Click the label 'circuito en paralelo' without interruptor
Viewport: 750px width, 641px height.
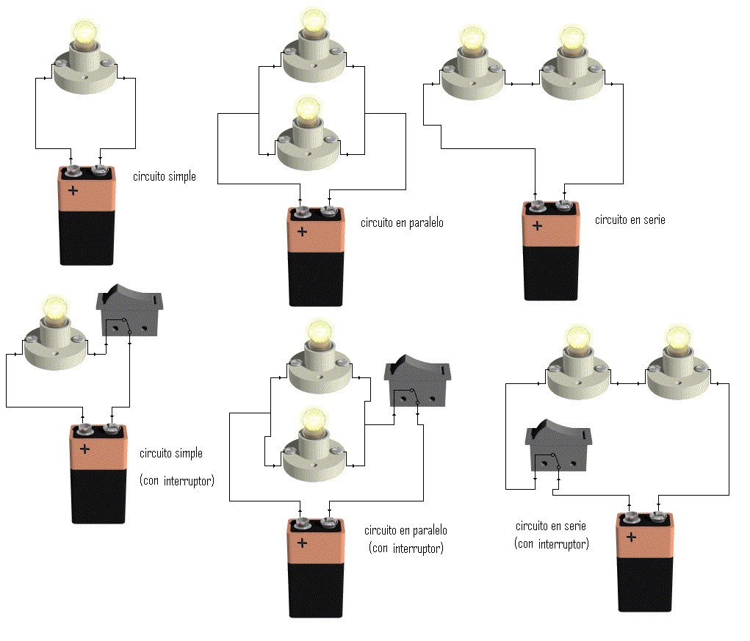[x=402, y=222]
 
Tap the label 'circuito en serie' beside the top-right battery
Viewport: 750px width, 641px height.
[x=630, y=220]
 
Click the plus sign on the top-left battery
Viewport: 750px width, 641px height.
[x=73, y=191]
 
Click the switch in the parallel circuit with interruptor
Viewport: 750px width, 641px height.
[x=417, y=381]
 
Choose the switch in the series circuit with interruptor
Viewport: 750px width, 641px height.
[x=558, y=445]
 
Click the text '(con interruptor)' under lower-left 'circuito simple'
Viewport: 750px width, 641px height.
[x=177, y=480]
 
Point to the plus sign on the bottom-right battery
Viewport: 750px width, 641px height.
[x=632, y=537]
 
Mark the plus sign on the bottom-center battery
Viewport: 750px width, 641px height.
[x=303, y=543]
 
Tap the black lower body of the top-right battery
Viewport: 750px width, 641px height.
[x=551, y=273]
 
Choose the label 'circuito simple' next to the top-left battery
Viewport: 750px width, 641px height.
[x=165, y=176]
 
